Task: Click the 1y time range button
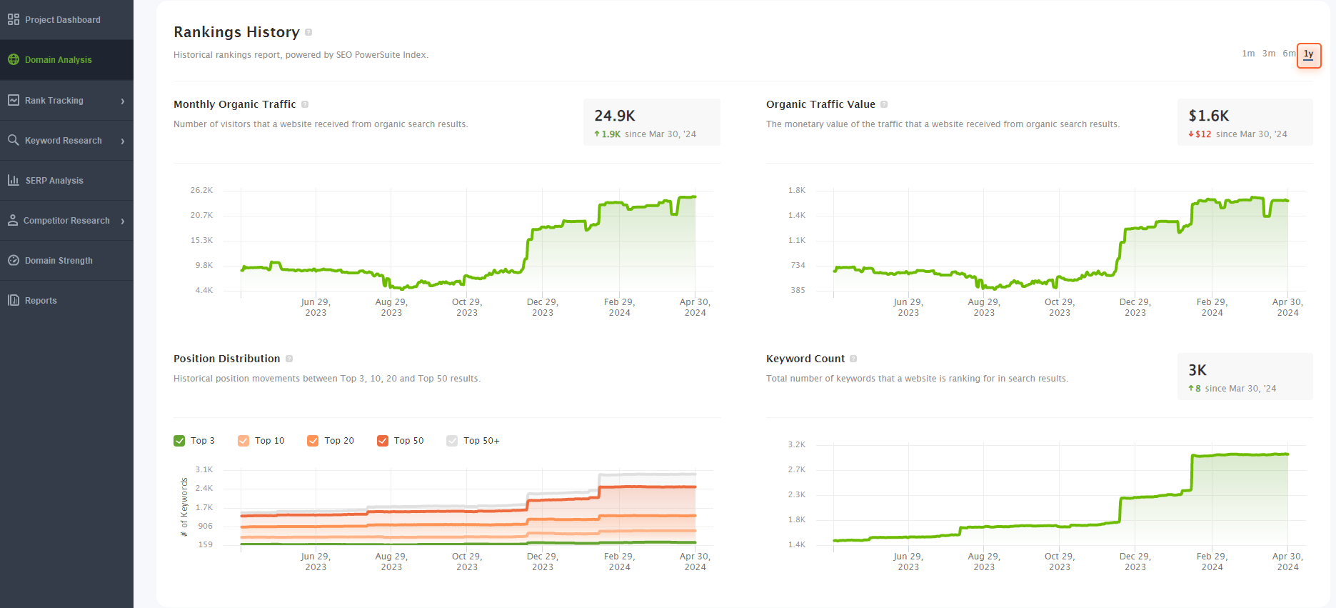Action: point(1308,54)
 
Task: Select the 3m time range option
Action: point(1268,54)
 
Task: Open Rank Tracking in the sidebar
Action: point(54,101)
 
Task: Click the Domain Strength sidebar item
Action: point(59,261)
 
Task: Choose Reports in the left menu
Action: point(41,301)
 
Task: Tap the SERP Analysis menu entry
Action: point(54,181)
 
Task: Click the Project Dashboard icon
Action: point(14,20)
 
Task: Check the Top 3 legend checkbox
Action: point(179,441)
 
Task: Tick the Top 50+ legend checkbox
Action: point(452,441)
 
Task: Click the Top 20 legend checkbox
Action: point(313,441)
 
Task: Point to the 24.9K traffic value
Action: point(615,116)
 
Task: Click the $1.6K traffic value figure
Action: point(1208,116)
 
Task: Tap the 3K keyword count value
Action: point(1197,370)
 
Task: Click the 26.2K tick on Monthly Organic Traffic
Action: point(201,190)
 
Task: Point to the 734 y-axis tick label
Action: point(798,265)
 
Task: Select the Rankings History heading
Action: point(236,32)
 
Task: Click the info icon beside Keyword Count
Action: point(853,359)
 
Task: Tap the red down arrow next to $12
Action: point(1191,134)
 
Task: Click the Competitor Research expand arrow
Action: point(123,221)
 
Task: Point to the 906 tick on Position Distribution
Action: point(206,526)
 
